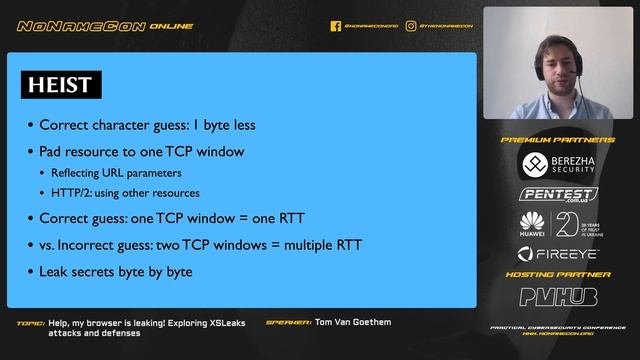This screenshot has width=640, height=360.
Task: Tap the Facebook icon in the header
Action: pos(336,26)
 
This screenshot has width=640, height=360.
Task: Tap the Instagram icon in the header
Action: pos(411,26)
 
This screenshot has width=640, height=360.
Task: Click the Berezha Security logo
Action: pos(559,164)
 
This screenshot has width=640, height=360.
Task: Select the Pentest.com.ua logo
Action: pos(559,194)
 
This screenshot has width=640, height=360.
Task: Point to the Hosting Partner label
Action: pos(558,274)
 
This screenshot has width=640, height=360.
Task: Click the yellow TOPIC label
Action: pos(31,323)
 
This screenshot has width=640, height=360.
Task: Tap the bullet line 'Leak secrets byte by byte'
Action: pos(115,271)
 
